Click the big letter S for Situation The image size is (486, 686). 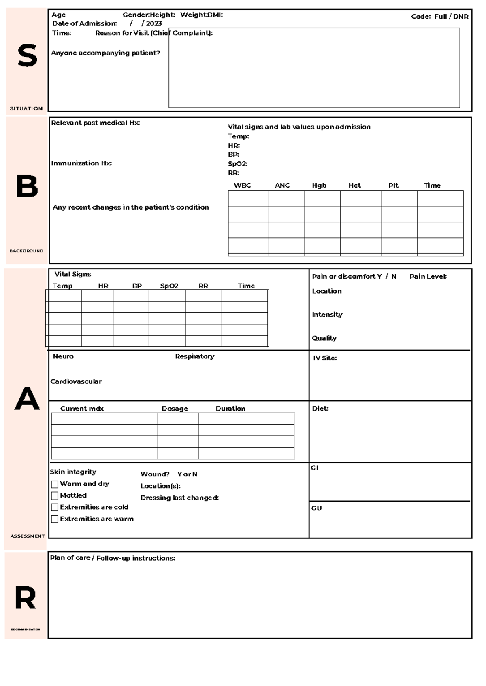(x=27, y=56)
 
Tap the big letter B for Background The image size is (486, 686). (x=27, y=187)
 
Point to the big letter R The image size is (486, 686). (x=25, y=598)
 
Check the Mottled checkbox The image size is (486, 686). (x=55, y=495)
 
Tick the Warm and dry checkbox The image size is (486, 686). (x=55, y=484)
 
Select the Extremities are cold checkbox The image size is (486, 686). (x=55, y=507)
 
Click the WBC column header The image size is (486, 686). (x=242, y=186)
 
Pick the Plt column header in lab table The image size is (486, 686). (x=393, y=186)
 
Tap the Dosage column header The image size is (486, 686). (x=175, y=409)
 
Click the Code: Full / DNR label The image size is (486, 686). (x=439, y=17)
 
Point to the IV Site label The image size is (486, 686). (x=324, y=358)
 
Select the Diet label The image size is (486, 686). (x=320, y=409)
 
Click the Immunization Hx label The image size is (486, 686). (x=81, y=163)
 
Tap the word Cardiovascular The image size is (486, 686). (x=76, y=381)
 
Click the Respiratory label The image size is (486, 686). (x=194, y=356)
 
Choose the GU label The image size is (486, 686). (x=316, y=508)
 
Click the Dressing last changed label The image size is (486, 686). (x=179, y=498)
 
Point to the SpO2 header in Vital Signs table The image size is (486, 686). (x=169, y=286)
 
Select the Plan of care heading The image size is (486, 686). (x=112, y=558)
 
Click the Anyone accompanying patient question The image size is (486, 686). (x=105, y=53)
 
